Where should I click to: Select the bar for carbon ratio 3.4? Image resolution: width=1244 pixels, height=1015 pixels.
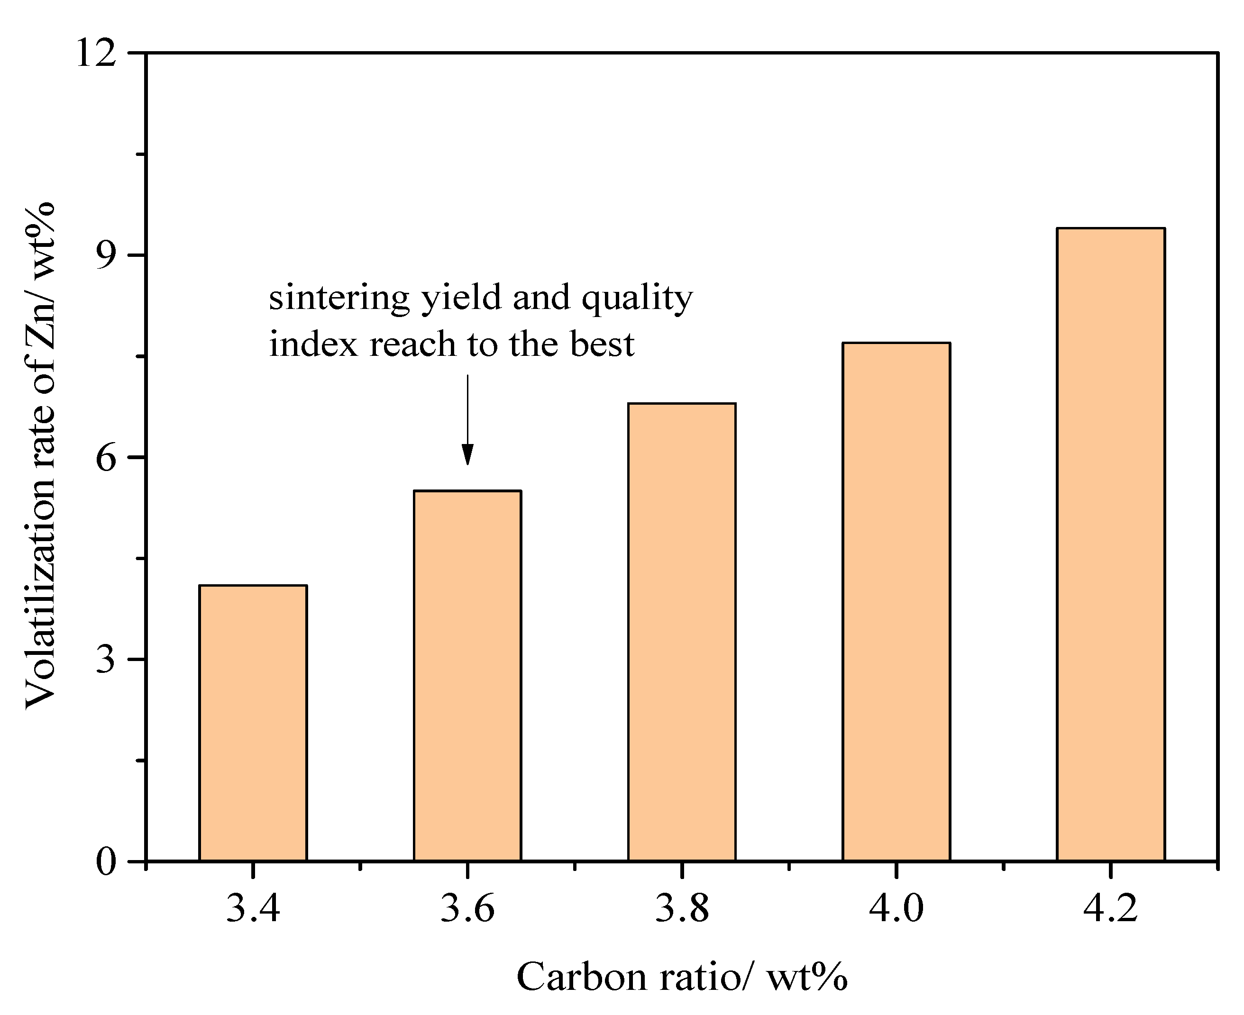pos(253,723)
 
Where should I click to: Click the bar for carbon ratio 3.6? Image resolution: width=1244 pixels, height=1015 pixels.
pos(467,675)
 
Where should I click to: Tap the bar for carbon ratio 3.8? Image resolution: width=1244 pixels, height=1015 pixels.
pos(682,632)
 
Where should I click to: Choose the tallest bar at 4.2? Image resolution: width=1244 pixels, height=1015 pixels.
pos(1111,544)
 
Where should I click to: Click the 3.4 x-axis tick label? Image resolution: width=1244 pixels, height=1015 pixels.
pos(253,909)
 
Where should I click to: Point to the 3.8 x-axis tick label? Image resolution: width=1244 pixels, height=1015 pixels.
pos(682,909)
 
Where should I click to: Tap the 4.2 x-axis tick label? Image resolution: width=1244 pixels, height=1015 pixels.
pos(1111,909)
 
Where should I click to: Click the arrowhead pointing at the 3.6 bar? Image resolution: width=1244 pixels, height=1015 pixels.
pos(467,454)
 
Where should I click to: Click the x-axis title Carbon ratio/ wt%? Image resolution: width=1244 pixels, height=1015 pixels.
pos(681,977)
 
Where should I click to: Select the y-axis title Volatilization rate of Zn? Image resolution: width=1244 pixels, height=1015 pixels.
pos(41,456)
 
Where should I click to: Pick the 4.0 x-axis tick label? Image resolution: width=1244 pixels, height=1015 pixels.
pos(896,909)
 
